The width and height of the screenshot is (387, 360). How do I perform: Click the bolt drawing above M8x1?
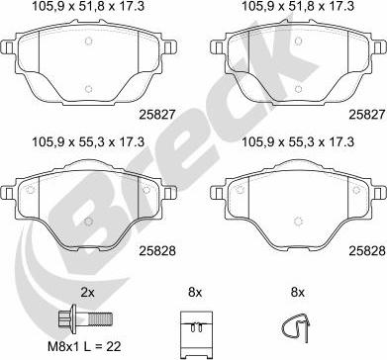[85, 319]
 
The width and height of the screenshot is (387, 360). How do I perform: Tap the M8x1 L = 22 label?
[84, 346]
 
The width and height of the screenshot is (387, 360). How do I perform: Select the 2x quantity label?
[87, 292]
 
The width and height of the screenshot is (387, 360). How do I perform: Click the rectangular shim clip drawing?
[196, 333]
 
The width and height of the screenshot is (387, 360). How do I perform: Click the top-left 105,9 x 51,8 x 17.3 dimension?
[88, 6]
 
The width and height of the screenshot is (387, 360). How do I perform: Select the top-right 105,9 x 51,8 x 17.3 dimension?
[298, 6]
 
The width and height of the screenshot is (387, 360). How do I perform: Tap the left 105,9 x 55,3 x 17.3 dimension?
[88, 142]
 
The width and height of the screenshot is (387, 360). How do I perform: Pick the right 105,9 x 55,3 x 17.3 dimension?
[298, 142]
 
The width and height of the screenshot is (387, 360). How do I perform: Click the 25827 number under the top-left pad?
[157, 115]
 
